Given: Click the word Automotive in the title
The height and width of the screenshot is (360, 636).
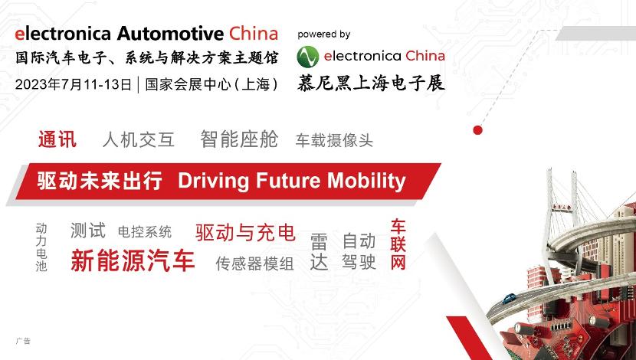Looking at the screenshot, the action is [170, 34].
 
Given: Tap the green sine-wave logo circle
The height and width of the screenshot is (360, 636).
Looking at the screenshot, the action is [308, 57].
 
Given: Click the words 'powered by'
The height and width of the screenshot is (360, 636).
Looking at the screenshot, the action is [323, 35].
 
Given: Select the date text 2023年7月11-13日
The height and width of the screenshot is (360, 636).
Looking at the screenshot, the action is [74, 84].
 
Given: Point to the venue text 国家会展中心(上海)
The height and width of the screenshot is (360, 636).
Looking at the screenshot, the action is [211, 84].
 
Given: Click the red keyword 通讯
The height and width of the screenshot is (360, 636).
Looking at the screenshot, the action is [57, 139].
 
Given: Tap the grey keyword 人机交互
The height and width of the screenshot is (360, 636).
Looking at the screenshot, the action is [139, 140].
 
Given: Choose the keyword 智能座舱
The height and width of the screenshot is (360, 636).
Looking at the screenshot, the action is [239, 139].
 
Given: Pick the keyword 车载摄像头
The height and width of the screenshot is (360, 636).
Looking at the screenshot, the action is [334, 140].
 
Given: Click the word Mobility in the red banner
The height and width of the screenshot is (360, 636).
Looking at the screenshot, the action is [366, 181].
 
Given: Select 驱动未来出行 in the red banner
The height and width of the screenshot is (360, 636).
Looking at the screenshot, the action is [100, 181].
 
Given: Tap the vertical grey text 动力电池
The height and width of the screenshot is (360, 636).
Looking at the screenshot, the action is [41, 247].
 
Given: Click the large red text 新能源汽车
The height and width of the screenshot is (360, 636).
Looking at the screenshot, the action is [133, 260].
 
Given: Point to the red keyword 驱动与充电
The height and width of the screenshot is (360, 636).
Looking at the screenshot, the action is [245, 233].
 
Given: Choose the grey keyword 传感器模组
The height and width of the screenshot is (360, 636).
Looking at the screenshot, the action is [254, 263].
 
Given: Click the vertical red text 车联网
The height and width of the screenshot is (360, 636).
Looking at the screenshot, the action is [398, 244].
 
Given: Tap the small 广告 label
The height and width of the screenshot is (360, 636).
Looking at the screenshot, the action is [23, 341].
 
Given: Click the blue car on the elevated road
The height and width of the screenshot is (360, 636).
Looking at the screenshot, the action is [509, 299].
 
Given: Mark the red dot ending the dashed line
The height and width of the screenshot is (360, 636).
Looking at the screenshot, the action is [478, 130].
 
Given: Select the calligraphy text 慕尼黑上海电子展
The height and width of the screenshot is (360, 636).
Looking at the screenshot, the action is [371, 83].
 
